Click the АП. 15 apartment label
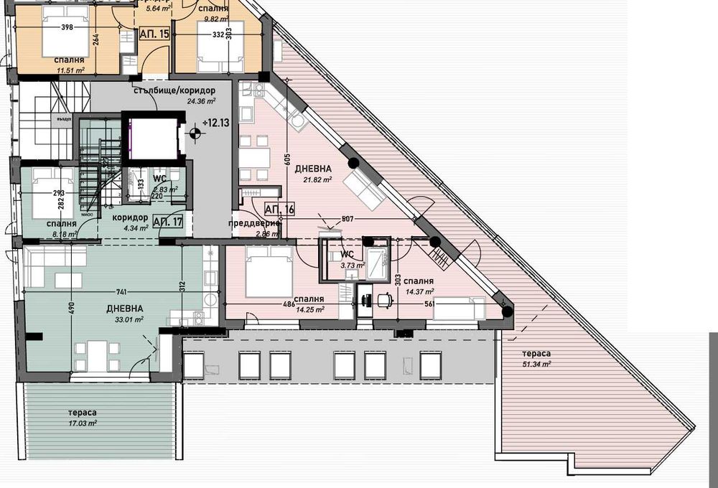(x=154, y=34)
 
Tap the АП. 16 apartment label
(x=280, y=209)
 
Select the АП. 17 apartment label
(x=167, y=221)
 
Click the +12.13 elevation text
(x=215, y=123)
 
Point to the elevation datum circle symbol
(x=193, y=132)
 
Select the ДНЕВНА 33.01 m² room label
(x=125, y=314)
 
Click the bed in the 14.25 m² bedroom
(x=269, y=272)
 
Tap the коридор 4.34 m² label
(x=130, y=222)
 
